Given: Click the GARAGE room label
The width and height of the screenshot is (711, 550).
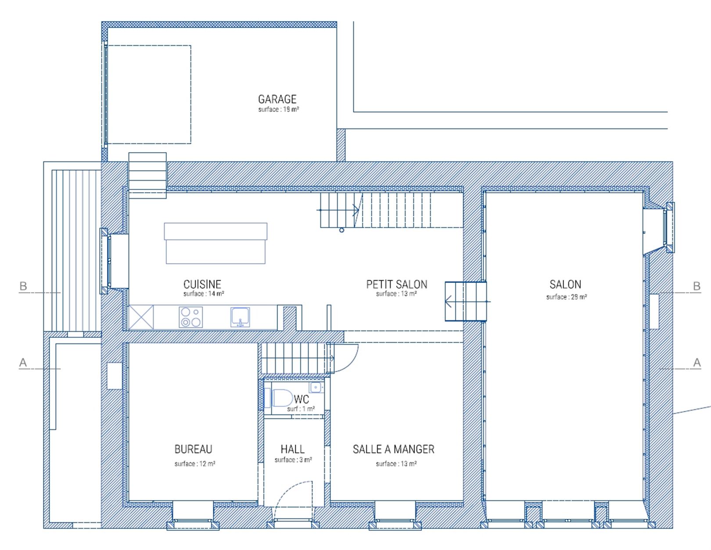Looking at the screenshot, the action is pos(277,99).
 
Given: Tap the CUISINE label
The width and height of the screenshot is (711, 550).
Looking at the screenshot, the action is pos(202,284).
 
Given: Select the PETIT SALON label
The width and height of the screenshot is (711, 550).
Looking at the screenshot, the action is pos(397,284).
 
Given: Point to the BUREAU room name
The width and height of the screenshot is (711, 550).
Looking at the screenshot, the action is pos(194,449).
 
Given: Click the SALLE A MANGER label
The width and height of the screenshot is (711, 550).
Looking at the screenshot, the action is pos(394,449).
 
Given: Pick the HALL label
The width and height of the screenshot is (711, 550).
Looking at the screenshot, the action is pos(292,449).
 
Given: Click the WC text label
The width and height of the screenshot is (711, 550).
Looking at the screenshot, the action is pos(302,399).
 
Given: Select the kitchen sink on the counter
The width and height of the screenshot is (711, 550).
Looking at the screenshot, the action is pos(240,317).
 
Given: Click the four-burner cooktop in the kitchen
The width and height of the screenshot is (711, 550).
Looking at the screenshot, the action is pos(191,317).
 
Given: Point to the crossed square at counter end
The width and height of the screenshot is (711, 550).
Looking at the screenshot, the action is pos(141,317).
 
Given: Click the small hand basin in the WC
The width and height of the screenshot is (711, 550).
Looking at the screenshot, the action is pos(316,387).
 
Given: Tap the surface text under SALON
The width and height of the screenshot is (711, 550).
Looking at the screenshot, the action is pos(566,297).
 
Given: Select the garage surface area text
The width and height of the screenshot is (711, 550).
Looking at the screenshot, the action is pos(278,109).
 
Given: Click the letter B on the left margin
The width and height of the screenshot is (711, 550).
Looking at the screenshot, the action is pos(23,286).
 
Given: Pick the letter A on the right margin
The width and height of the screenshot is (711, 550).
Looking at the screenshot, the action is pos(697,362).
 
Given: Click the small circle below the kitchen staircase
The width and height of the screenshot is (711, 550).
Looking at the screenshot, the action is pos(341,230).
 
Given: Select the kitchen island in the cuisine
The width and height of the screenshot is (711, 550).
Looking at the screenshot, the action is pos(215,243).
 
